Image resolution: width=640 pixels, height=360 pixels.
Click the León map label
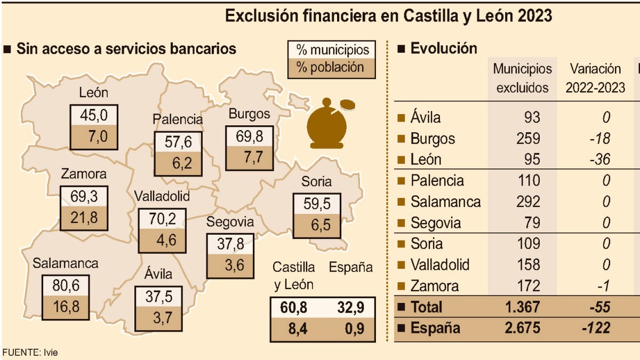(x=93, y=92)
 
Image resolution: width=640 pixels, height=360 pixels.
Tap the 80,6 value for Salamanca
(x=67, y=286)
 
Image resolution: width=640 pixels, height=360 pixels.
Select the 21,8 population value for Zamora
(x=84, y=218)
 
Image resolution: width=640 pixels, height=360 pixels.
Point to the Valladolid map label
(x=162, y=196)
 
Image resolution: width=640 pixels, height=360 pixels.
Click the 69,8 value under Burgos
(x=250, y=137)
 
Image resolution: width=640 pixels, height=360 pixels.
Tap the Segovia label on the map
(x=230, y=221)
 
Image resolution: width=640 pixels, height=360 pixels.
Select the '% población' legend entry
(x=330, y=68)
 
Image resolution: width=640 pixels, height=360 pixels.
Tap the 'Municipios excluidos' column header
(x=522, y=78)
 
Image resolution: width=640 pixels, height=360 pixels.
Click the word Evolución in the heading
(x=443, y=49)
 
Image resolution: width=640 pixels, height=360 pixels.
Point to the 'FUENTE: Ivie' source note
(x=30, y=353)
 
